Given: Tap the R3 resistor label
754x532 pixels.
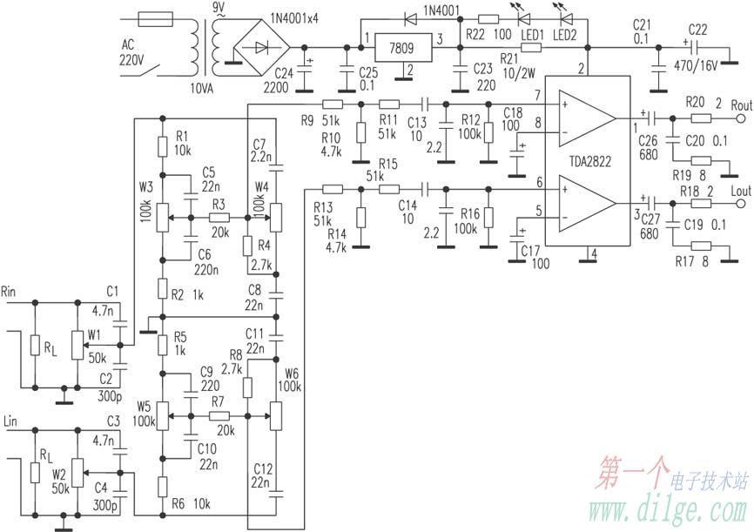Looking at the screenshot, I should (217, 203).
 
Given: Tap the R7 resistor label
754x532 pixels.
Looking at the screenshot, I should (217, 402).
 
